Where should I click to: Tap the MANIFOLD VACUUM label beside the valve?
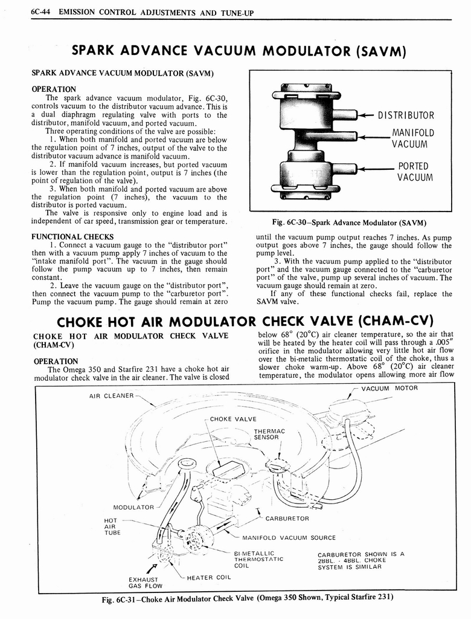[413, 139]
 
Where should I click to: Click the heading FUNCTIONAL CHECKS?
[72, 236]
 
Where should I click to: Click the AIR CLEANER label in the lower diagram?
[111, 396]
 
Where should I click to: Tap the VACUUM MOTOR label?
[389, 388]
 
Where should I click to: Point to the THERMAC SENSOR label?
[269, 434]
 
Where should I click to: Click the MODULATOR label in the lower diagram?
[133, 507]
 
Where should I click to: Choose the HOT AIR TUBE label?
[112, 526]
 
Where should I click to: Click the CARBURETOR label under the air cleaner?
[287, 518]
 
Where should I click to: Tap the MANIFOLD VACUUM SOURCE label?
[289, 537]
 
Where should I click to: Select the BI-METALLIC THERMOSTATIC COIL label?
[258, 559]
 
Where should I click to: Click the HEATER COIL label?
[209, 577]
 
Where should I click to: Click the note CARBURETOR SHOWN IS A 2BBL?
[360, 560]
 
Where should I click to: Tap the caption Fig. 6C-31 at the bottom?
[248, 598]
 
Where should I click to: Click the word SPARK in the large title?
[105, 53]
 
